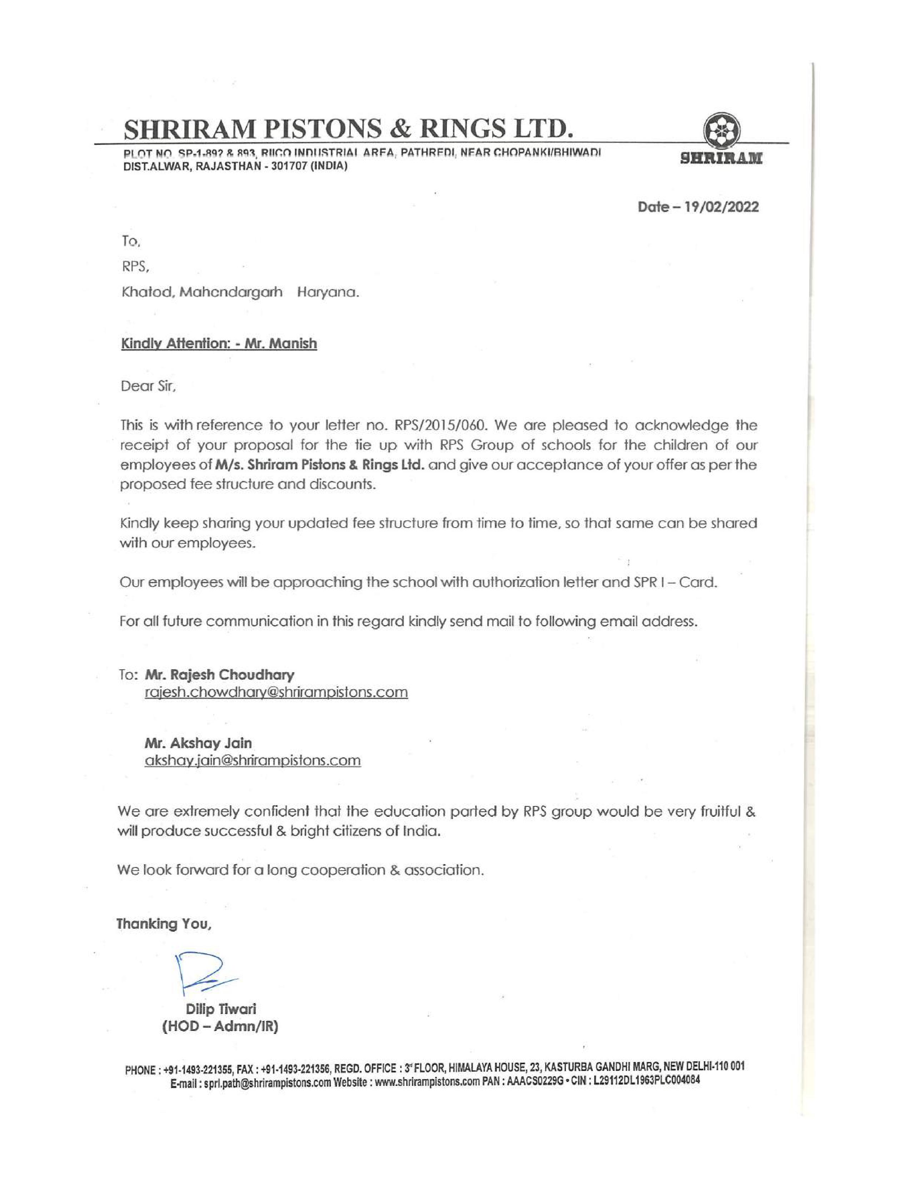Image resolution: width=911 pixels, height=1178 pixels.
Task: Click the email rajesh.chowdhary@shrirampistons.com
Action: [276, 692]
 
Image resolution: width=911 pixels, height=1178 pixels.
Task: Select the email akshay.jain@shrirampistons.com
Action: [253, 760]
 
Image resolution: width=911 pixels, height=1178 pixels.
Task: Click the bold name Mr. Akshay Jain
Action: [198, 743]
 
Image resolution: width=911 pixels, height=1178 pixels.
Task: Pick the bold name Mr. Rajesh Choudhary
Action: [220, 675]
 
